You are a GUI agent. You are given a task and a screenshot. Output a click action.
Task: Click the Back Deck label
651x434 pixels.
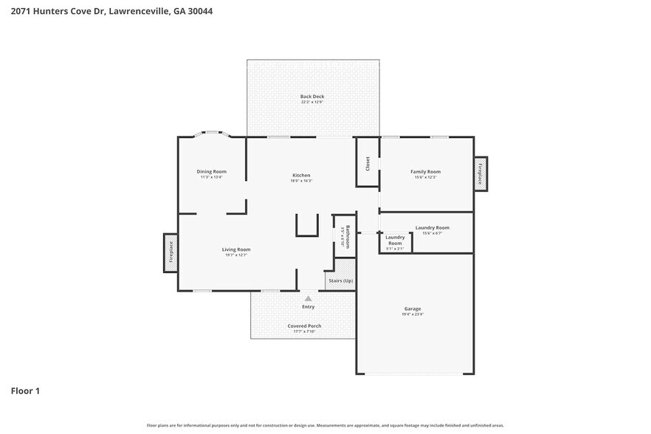[311, 97]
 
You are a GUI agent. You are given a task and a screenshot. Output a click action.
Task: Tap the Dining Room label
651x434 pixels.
[211, 171]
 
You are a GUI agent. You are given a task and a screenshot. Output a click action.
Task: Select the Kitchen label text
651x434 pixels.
[301, 175]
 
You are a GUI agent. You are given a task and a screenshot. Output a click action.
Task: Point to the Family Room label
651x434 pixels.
[425, 171]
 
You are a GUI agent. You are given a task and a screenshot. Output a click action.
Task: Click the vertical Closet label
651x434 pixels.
[368, 164]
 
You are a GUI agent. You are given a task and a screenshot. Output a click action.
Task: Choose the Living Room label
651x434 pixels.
[236, 249]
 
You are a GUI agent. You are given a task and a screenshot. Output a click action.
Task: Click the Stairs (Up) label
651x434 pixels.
[340, 281]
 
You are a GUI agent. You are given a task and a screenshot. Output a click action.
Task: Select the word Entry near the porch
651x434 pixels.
[308, 306]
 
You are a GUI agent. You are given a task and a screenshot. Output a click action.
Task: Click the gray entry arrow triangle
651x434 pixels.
[308, 298]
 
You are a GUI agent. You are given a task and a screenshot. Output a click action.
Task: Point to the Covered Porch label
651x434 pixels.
[304, 325]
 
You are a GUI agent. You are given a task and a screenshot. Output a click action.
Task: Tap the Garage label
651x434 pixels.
[412, 309]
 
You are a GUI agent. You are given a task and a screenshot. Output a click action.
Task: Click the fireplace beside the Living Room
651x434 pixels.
[170, 252]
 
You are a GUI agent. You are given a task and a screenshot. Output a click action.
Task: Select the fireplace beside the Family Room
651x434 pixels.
[480, 173]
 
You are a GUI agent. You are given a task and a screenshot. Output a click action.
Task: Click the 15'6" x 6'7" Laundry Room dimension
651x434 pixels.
[432, 233]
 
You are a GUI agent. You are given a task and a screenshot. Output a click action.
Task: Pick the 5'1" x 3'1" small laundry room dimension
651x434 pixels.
[395, 249]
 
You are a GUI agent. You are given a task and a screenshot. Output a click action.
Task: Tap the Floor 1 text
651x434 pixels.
[25, 390]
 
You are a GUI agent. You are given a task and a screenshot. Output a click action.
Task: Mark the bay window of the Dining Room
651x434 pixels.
[211, 135]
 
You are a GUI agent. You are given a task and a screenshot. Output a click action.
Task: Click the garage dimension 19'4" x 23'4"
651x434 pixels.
[412, 314]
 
